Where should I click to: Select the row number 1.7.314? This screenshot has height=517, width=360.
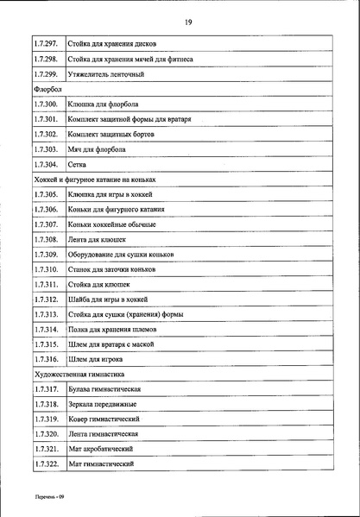43,330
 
